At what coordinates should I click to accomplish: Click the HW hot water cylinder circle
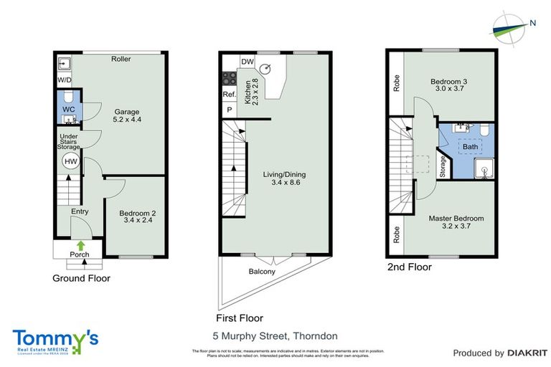click(70, 162)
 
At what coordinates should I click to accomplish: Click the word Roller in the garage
click(121, 59)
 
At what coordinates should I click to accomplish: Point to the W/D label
click(64, 80)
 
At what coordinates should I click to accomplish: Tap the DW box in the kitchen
click(246, 62)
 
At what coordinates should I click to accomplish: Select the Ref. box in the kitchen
click(229, 95)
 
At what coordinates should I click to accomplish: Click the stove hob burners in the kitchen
click(230, 78)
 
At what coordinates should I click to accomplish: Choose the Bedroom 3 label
click(448, 87)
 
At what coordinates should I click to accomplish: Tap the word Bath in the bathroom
click(470, 147)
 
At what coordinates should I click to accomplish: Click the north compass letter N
click(532, 22)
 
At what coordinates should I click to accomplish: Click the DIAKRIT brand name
click(528, 353)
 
